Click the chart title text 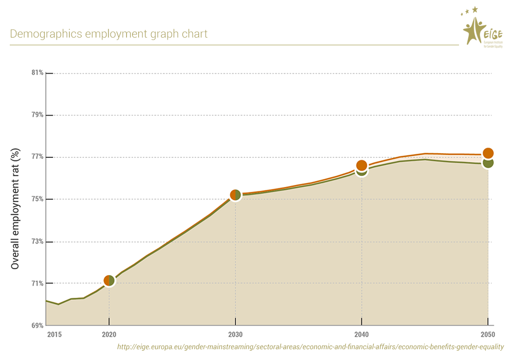pos(108,34)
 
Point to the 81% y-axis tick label pos(38,73)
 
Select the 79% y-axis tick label pos(38,115)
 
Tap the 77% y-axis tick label pos(38,157)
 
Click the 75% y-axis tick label pos(38,199)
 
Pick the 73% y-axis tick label pos(38,241)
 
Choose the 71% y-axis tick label pos(38,283)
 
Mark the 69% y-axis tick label pos(38,326)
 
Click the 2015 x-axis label pos(54,335)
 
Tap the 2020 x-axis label pos(109,335)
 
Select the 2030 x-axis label pos(235,335)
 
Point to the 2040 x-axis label pos(362,335)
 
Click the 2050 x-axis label pos(488,335)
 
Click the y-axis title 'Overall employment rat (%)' pos(15,209)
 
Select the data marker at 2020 pos(109,280)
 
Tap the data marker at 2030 pos(235,195)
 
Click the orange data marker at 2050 pos(488,153)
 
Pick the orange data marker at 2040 pos(361,165)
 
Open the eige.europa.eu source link pos(310,347)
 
